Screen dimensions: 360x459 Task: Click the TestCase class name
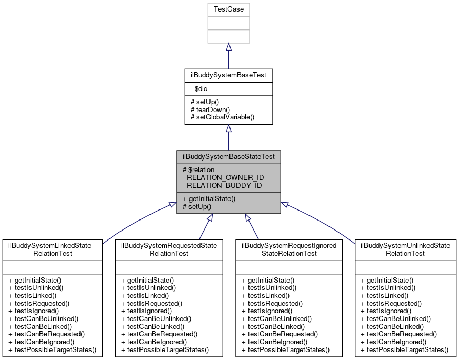tap(228, 9)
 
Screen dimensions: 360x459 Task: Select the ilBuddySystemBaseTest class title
tap(228, 75)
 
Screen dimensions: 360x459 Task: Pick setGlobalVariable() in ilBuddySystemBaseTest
tap(222, 117)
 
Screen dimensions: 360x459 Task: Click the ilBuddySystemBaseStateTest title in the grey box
tap(228, 156)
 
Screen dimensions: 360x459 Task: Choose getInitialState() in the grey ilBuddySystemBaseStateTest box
tap(208, 199)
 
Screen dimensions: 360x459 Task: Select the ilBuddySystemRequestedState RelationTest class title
tap(168, 249)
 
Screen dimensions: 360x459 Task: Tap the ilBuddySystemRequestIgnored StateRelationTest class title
tap(288, 249)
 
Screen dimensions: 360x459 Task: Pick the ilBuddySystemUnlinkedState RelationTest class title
tap(405, 249)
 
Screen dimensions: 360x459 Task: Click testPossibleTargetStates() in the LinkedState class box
tap(53, 349)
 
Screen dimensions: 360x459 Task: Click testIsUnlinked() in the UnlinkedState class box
tap(387, 288)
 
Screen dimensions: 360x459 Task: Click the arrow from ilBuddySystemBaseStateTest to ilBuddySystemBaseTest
tap(228, 138)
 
